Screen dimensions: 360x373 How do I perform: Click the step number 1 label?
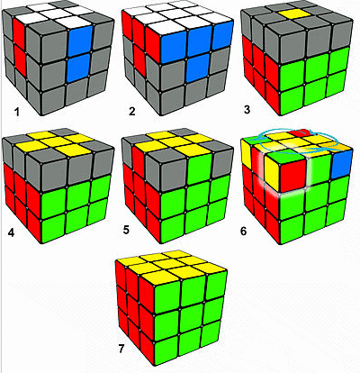[x=17, y=113]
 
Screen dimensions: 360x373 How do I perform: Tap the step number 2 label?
[x=131, y=112]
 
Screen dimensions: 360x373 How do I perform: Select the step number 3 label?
[x=247, y=110]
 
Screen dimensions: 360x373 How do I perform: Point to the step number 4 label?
[x=11, y=232]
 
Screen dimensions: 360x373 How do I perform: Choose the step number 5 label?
[x=126, y=231]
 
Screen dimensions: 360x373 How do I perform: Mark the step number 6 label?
[x=243, y=232]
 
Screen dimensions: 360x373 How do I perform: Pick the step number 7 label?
[x=121, y=350]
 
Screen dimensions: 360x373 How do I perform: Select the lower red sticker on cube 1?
[x=20, y=60]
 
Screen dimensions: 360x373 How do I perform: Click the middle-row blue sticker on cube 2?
[x=197, y=68]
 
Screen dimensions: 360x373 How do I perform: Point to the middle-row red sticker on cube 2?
[x=139, y=59]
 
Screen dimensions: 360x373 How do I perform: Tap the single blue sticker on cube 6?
[x=340, y=163]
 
